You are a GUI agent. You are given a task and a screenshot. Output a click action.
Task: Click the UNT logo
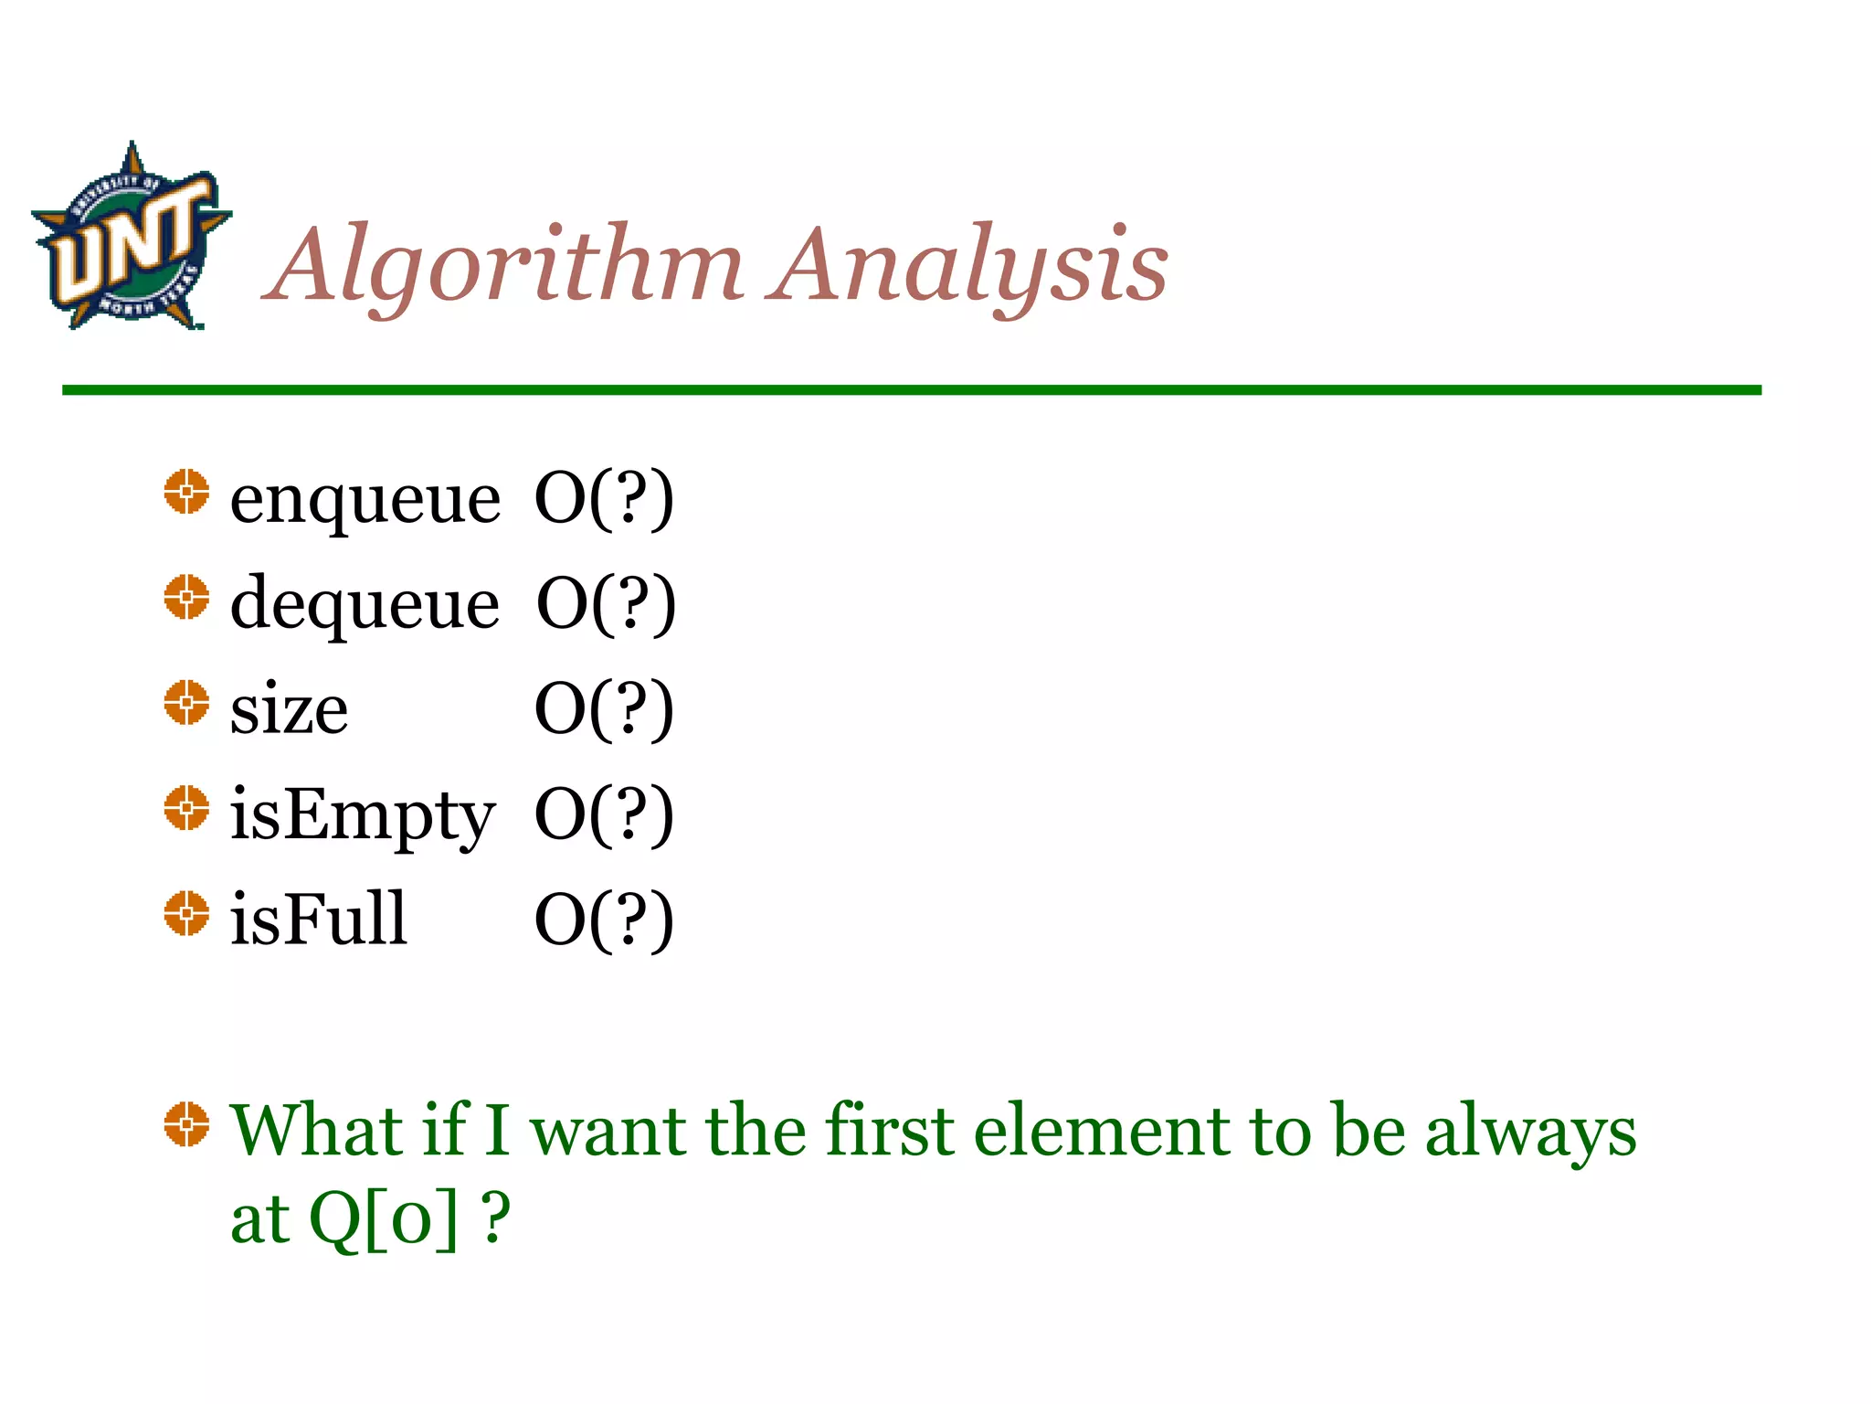click(x=131, y=236)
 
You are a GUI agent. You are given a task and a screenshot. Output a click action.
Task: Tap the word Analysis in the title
click(x=968, y=266)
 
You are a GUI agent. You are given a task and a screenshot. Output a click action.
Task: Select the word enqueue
click(x=365, y=501)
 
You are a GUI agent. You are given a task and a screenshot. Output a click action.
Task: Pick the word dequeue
click(x=365, y=605)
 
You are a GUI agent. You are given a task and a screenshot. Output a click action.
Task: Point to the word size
click(x=289, y=710)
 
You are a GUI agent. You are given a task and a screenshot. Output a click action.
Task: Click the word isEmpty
click(x=362, y=816)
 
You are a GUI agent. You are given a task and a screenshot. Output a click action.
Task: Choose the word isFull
click(x=318, y=919)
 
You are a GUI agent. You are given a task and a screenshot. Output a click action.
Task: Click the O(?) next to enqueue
click(x=604, y=499)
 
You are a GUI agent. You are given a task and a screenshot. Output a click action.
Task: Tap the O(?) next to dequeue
click(x=606, y=604)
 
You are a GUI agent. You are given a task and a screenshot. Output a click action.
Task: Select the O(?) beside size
click(x=604, y=709)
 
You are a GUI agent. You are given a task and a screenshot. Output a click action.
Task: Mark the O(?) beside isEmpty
click(x=604, y=814)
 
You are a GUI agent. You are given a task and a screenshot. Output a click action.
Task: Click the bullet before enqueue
click(x=186, y=492)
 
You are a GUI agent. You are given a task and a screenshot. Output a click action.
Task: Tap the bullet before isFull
click(x=186, y=913)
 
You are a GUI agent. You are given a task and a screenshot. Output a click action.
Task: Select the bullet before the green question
click(x=186, y=1123)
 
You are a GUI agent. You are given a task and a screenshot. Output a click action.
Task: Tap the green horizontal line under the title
click(x=911, y=390)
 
